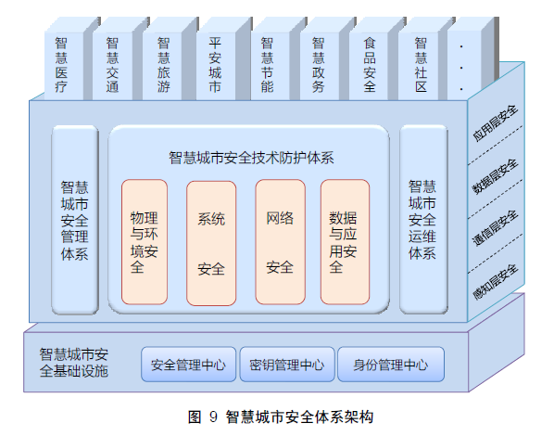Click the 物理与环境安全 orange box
[x=145, y=242]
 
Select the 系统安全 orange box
[x=211, y=243]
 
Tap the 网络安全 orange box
[x=280, y=242]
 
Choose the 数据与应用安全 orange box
[x=346, y=242]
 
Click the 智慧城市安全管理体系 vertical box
[x=75, y=220]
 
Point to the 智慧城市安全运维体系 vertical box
[x=423, y=220]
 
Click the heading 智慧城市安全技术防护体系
[x=251, y=158]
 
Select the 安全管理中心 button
[x=189, y=365]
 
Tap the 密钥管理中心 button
[x=287, y=365]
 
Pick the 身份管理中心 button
[x=391, y=365]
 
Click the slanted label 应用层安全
[x=496, y=123]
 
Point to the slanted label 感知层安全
[x=496, y=282]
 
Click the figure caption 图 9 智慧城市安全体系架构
[x=281, y=417]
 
